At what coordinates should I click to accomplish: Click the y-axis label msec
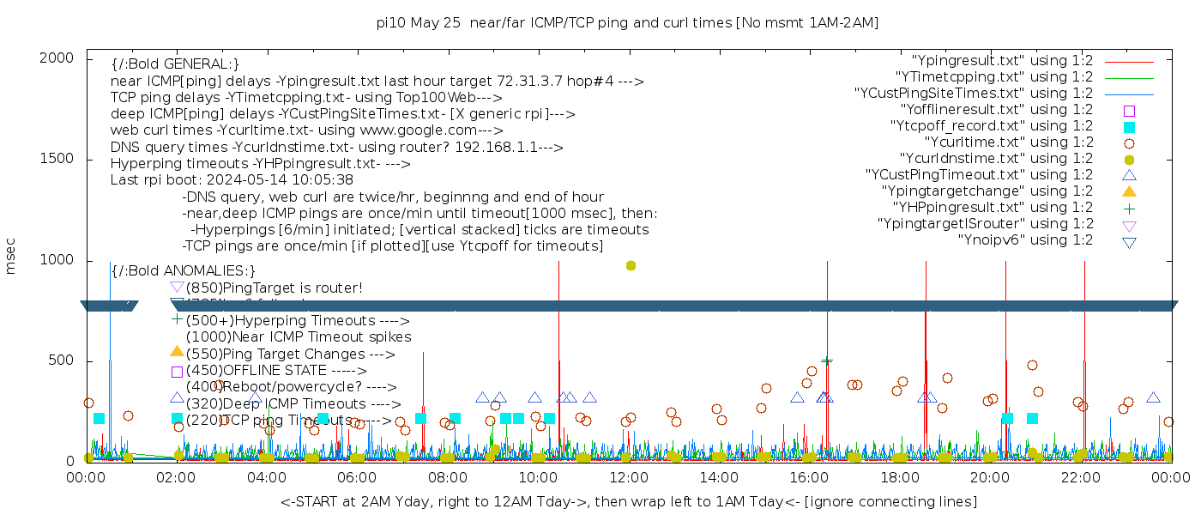point(11,256)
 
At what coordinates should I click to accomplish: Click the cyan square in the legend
point(1129,126)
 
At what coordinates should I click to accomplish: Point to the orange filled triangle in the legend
point(1129,191)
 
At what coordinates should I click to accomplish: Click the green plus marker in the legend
point(1129,208)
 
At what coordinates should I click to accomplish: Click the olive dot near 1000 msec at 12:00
point(631,265)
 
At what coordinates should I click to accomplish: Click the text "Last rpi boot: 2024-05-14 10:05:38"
point(232,180)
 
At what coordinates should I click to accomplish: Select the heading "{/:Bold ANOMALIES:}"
point(184,271)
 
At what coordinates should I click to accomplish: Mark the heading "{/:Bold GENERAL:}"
point(175,64)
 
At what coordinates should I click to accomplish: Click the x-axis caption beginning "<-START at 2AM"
point(628,501)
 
